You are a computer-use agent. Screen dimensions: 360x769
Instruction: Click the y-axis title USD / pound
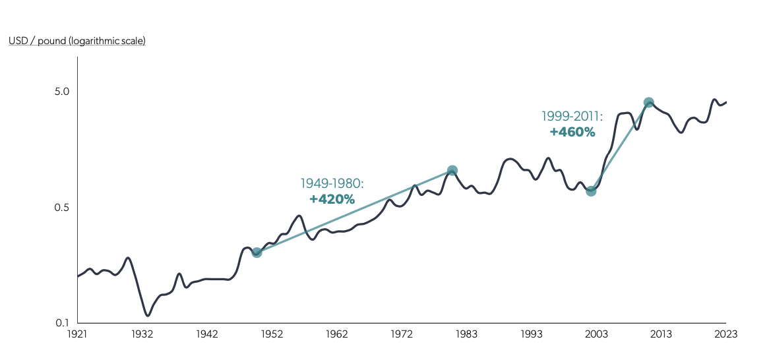(77, 41)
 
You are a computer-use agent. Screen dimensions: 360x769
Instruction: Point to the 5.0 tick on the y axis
(62, 92)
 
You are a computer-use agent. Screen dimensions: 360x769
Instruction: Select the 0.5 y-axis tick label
(62, 208)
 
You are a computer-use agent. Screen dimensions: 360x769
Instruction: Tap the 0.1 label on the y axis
(62, 323)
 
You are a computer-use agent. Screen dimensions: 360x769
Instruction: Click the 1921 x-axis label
(77, 334)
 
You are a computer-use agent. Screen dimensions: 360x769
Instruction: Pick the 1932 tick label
(142, 334)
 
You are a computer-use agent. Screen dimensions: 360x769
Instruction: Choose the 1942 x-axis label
(207, 334)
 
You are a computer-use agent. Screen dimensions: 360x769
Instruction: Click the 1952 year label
(272, 334)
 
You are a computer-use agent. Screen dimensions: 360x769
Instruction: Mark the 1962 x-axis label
(337, 334)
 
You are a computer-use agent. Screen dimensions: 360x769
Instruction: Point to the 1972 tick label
(402, 334)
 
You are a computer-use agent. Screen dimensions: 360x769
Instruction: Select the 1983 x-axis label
(466, 334)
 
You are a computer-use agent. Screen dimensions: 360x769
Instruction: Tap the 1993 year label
(532, 334)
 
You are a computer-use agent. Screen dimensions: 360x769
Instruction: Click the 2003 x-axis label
(596, 334)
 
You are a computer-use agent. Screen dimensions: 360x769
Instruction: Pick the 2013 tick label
(661, 334)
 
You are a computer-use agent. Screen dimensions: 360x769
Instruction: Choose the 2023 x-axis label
(725, 334)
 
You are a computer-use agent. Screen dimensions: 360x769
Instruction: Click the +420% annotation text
(332, 198)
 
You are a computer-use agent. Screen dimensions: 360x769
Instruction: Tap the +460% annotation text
(572, 132)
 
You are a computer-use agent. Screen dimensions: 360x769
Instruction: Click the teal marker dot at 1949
(257, 252)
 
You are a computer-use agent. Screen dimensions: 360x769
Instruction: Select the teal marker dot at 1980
(452, 171)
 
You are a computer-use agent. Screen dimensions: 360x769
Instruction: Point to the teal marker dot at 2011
(648, 103)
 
